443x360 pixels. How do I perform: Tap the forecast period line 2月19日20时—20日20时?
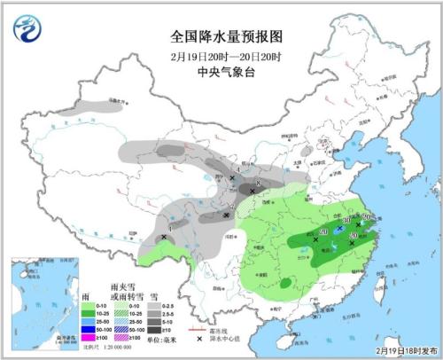coord(226,57)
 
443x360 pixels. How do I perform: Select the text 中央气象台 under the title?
coord(226,74)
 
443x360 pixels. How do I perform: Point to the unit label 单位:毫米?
coord(168,337)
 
